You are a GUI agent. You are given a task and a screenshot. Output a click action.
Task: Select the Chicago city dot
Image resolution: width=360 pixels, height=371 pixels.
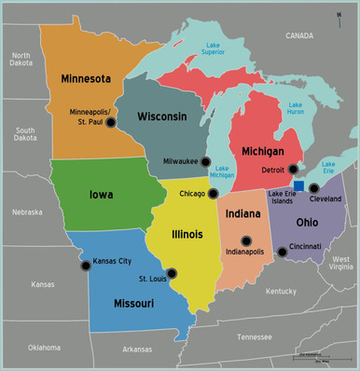click(x=213, y=194)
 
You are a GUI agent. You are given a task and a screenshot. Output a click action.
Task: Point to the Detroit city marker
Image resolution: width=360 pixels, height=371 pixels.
click(x=293, y=170)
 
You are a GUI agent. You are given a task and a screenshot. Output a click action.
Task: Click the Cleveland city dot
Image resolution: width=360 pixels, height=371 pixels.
click(x=313, y=189)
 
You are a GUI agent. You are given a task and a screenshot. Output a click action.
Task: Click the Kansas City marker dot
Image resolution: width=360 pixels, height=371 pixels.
click(x=86, y=265)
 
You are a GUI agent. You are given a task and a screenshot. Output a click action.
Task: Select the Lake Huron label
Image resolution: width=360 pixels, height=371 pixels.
click(x=296, y=108)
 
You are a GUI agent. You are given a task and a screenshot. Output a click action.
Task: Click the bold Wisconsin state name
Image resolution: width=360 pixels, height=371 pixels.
click(x=162, y=117)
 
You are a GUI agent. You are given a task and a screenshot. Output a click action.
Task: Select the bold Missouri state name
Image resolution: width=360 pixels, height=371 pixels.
click(x=132, y=304)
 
